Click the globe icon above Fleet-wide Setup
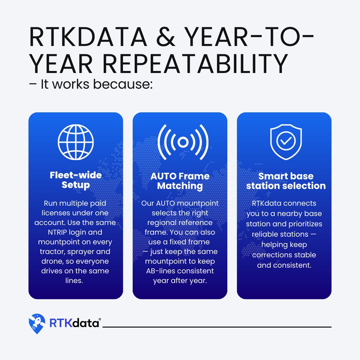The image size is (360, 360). point(76,142)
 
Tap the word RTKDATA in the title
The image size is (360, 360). point(88,37)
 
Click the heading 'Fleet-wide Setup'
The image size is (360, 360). point(76,180)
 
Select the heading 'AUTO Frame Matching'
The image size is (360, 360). point(180,181)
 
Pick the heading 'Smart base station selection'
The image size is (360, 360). point(286,181)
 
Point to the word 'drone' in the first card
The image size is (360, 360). point(51,261)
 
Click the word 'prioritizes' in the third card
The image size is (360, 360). point(304,224)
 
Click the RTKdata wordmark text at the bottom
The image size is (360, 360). point(74,323)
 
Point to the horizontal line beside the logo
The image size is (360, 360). point(217,327)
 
